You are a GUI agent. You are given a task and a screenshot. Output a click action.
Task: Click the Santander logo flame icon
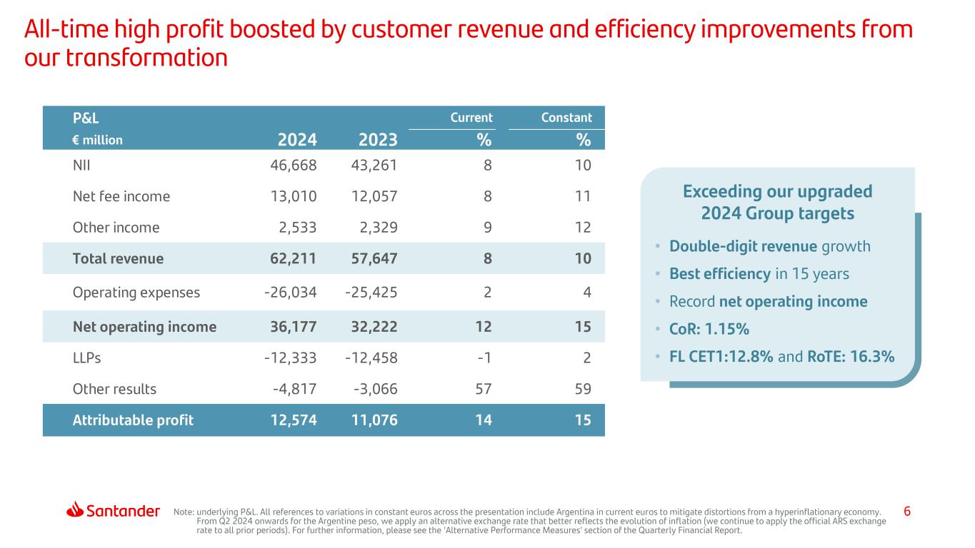[x=75, y=510]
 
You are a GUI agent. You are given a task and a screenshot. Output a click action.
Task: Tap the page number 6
[x=907, y=511]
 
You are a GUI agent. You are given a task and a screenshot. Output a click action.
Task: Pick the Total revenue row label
[x=118, y=259]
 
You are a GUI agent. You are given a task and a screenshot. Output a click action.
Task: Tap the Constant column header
[x=566, y=118]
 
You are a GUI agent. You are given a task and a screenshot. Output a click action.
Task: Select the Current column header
[x=471, y=118]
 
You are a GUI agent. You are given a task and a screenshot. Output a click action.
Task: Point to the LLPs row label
[x=86, y=358]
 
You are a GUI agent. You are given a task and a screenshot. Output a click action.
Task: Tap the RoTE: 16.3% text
[x=851, y=357]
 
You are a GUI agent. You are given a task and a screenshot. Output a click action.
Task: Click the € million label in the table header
[x=97, y=140]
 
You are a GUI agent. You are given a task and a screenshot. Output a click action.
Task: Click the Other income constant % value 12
[x=583, y=228]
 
